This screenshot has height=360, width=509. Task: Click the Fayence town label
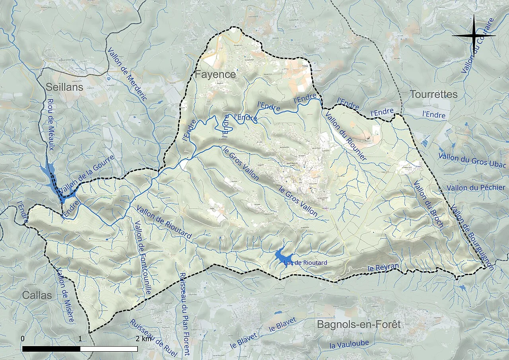(x=215, y=74)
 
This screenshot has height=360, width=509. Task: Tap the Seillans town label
(x=64, y=87)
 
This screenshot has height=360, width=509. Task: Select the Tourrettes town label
(x=434, y=94)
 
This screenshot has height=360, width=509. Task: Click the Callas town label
(x=37, y=295)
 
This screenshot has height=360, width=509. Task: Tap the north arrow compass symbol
(x=474, y=35)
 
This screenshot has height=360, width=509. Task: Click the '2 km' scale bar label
(x=143, y=339)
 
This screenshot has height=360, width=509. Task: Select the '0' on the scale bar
(x=23, y=339)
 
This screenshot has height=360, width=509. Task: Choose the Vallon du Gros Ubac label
(x=472, y=160)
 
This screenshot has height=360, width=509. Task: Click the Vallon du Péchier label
(x=476, y=187)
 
